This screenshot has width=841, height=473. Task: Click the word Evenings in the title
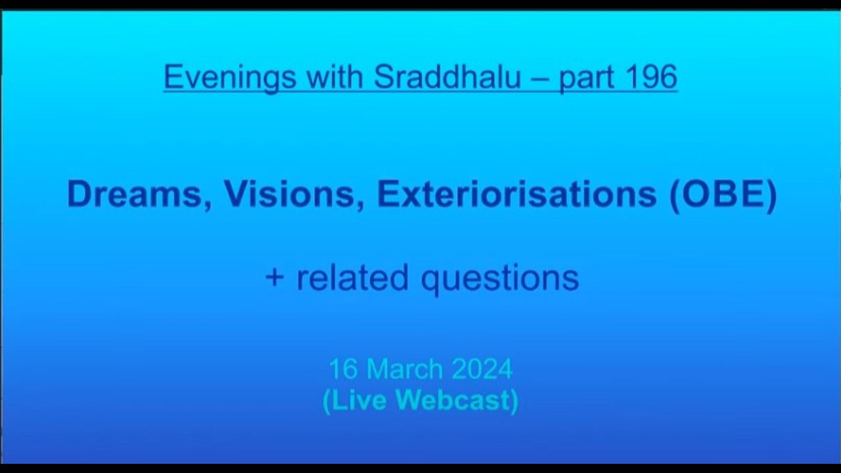point(230,78)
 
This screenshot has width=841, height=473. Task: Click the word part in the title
point(585,79)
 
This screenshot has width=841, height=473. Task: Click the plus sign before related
point(274,278)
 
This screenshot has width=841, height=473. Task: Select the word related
point(352,277)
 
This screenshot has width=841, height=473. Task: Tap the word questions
point(500,280)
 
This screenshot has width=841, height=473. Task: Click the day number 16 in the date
point(343,369)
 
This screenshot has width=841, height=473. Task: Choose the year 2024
point(482,369)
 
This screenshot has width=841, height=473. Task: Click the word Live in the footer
point(359,400)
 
